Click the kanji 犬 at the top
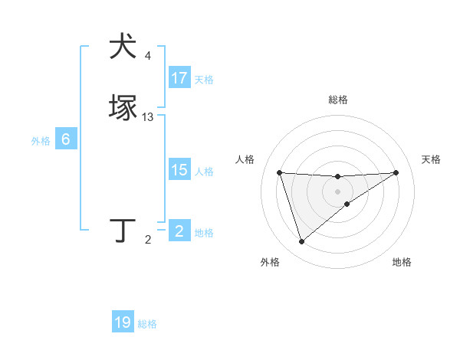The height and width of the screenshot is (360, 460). click(x=123, y=46)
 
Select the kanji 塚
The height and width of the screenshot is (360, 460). click(x=123, y=108)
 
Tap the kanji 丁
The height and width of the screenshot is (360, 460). click(x=123, y=230)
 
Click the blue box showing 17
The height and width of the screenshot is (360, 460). click(x=179, y=78)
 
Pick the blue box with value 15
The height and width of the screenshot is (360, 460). click(x=179, y=171)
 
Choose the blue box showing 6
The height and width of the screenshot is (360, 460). click(x=66, y=139)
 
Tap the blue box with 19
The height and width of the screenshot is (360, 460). click(x=123, y=322)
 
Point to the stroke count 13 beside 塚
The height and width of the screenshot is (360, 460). click(x=148, y=117)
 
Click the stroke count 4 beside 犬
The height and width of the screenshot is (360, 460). click(x=148, y=55)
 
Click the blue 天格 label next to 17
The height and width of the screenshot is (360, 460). click(x=204, y=80)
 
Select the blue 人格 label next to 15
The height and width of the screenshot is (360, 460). click(x=204, y=172)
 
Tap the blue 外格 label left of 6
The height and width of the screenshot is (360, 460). click(x=41, y=141)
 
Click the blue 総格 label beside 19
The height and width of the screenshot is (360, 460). click(x=147, y=324)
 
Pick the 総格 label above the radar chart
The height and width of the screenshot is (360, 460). click(x=338, y=100)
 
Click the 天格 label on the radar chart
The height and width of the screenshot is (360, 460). click(x=432, y=159)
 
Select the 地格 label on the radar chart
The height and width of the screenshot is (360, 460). click(x=402, y=262)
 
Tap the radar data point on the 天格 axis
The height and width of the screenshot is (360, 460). click(x=396, y=172)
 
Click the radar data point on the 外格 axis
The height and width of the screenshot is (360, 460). click(x=301, y=242)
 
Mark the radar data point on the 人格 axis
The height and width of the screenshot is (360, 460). click(x=279, y=172)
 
